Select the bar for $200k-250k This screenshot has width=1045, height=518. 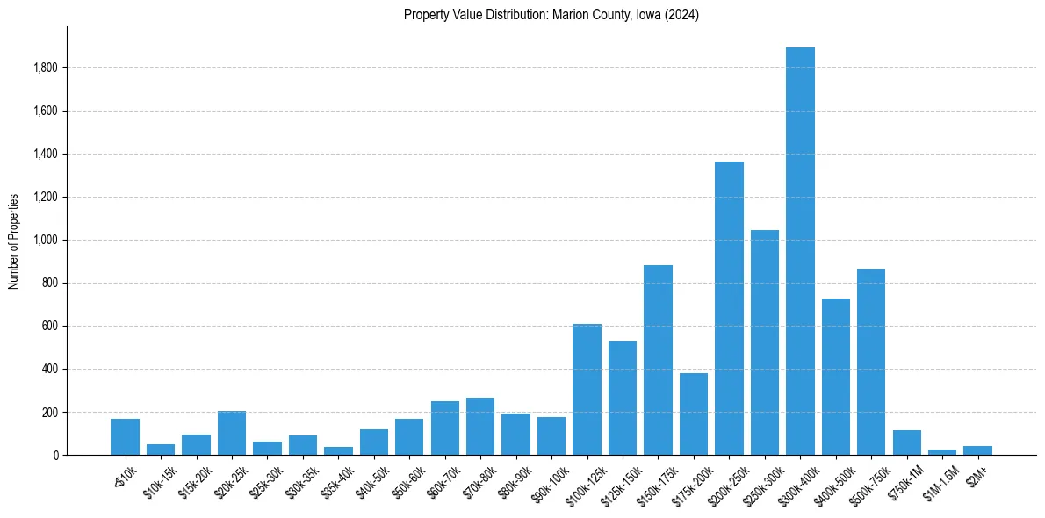point(729,308)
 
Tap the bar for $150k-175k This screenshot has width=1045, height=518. point(658,360)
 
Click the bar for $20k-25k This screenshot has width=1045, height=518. point(232,433)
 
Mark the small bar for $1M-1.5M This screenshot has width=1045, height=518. point(942,452)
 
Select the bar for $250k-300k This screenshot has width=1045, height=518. point(765,342)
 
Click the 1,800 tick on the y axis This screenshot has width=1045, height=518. point(46,68)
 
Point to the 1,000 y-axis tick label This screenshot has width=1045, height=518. point(46,240)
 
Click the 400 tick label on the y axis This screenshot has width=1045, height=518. point(51,369)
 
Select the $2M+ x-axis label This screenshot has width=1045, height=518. point(976,472)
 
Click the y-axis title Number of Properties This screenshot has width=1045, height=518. point(13,241)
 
